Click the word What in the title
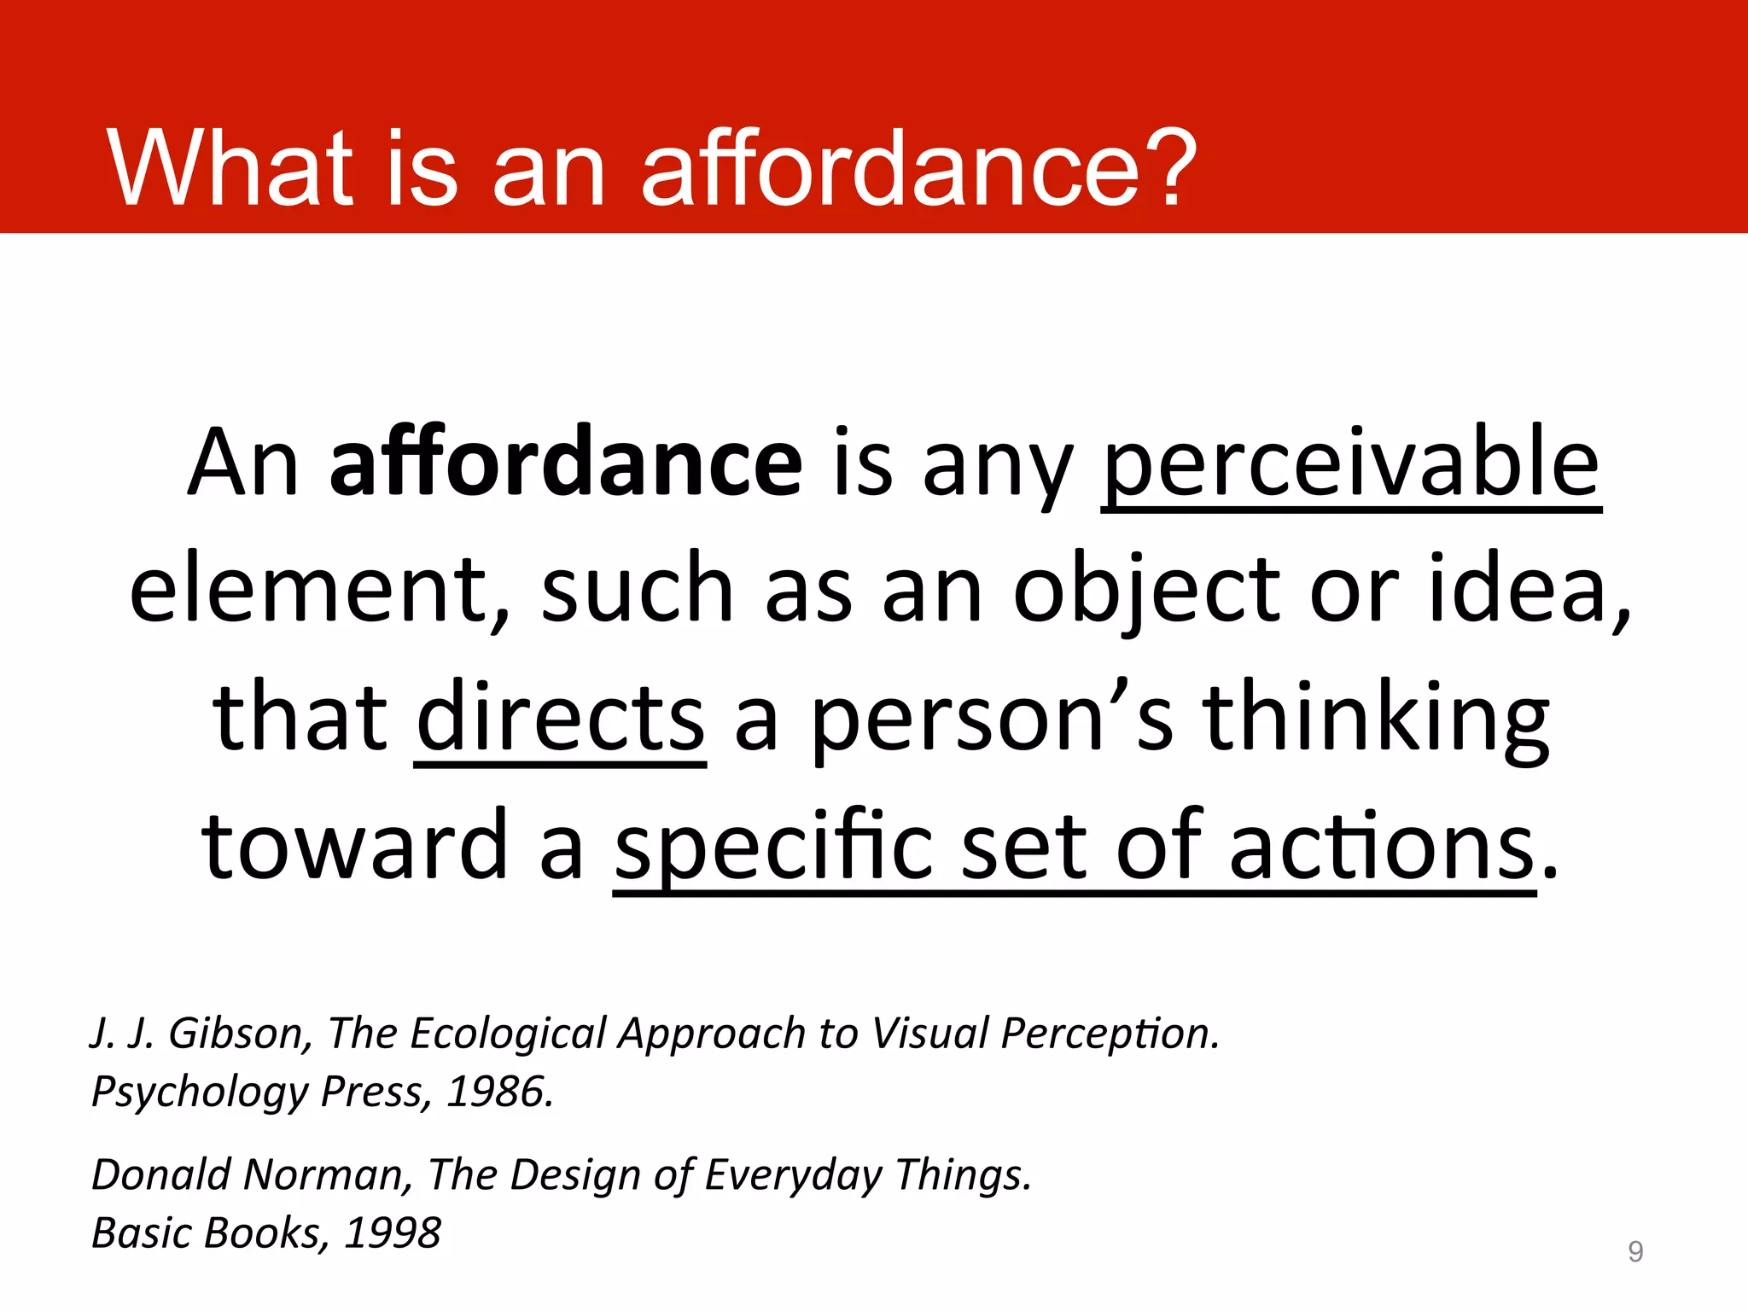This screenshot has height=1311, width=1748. coord(229,168)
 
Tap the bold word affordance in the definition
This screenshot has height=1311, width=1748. coord(566,463)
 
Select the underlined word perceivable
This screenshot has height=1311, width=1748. coord(1350,465)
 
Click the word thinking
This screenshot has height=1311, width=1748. coord(1376,719)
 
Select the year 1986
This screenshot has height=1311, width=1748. coord(500,1092)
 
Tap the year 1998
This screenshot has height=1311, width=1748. coord(393,1233)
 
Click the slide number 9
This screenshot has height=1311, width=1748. coord(1634,1251)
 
